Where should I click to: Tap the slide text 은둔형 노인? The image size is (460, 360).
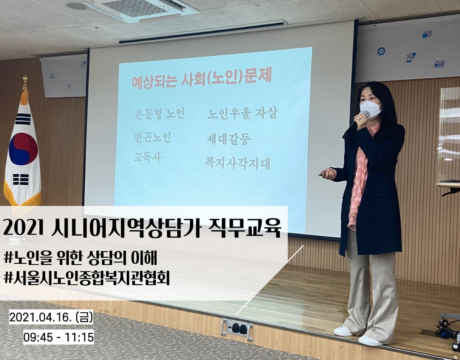(160, 113)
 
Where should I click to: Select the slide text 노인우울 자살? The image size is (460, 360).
(243, 113)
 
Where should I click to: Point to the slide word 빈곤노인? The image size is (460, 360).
(152, 137)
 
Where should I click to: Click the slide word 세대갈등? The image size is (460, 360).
(228, 139)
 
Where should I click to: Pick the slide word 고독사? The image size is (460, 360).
(147, 158)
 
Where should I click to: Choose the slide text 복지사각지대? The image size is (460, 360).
(238, 164)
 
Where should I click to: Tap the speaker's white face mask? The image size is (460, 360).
(371, 109)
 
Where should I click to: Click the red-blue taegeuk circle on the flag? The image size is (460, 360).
(23, 149)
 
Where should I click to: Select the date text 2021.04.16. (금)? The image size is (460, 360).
(51, 317)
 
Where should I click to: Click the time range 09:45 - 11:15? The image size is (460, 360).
(59, 337)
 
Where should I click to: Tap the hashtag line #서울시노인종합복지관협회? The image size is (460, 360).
(87, 278)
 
